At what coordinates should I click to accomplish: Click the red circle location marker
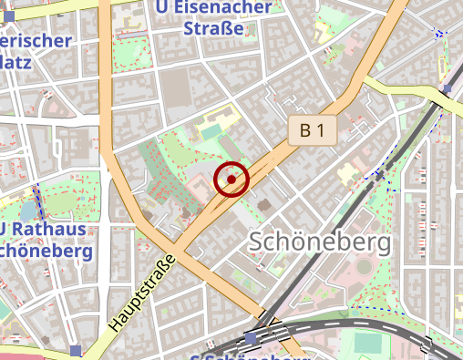pyautogui.click(x=231, y=180)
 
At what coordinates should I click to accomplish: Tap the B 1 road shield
pyautogui.click(x=313, y=131)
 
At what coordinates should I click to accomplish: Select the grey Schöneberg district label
pyautogui.click(x=319, y=242)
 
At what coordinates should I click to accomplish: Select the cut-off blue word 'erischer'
pyautogui.click(x=36, y=41)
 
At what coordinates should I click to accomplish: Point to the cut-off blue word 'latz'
pyautogui.click(x=16, y=62)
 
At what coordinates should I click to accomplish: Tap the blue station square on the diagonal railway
pyautogui.click(x=448, y=90)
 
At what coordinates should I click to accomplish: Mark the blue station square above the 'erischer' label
pyautogui.click(x=9, y=15)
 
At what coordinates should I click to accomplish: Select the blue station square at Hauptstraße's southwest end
pyautogui.click(x=75, y=350)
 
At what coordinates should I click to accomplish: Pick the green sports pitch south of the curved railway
pyautogui.click(x=369, y=343)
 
